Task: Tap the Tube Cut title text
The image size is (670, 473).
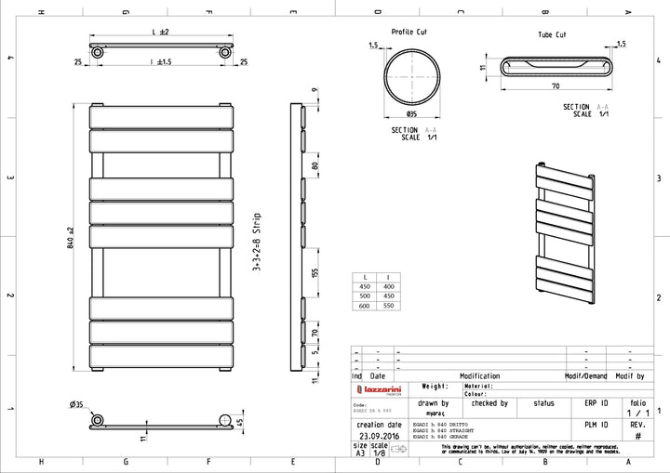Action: (x=551, y=34)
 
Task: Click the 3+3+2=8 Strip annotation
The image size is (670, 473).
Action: (x=256, y=241)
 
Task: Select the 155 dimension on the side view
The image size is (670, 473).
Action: (x=315, y=273)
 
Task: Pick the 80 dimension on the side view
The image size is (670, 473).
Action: (x=315, y=166)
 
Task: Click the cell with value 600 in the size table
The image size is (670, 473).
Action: (x=364, y=306)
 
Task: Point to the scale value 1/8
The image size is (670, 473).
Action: (x=379, y=453)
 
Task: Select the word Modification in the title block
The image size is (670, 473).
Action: (x=479, y=376)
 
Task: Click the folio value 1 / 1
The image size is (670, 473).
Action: (x=638, y=414)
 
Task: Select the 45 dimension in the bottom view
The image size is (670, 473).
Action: (x=241, y=422)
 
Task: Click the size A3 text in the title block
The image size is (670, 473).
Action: (x=360, y=453)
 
